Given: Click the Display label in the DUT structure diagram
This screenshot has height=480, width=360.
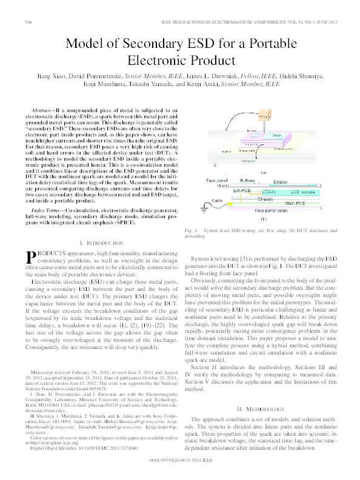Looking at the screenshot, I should (x=280, y=181).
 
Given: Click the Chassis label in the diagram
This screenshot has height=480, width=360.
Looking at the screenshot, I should (x=265, y=198).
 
